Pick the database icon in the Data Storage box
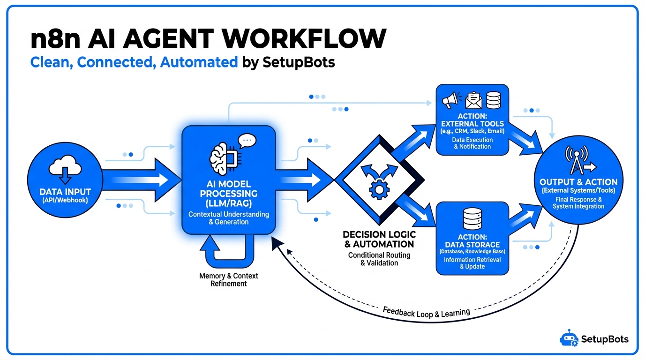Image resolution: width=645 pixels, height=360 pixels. pyautogui.click(x=472, y=218)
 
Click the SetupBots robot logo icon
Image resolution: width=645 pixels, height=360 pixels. pyautogui.click(x=569, y=338)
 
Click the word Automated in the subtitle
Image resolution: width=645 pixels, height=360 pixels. pyautogui.click(x=199, y=62)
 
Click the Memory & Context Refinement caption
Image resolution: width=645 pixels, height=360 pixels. pyautogui.click(x=229, y=279)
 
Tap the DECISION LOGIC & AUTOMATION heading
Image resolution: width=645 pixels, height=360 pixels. pyautogui.click(x=379, y=239)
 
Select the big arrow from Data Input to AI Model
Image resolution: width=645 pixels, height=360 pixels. pyautogui.click(x=141, y=180)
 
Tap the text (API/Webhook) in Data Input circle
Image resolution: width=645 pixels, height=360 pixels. pyautogui.click(x=65, y=201)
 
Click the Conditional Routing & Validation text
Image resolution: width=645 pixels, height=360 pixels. pyautogui.click(x=379, y=259)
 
